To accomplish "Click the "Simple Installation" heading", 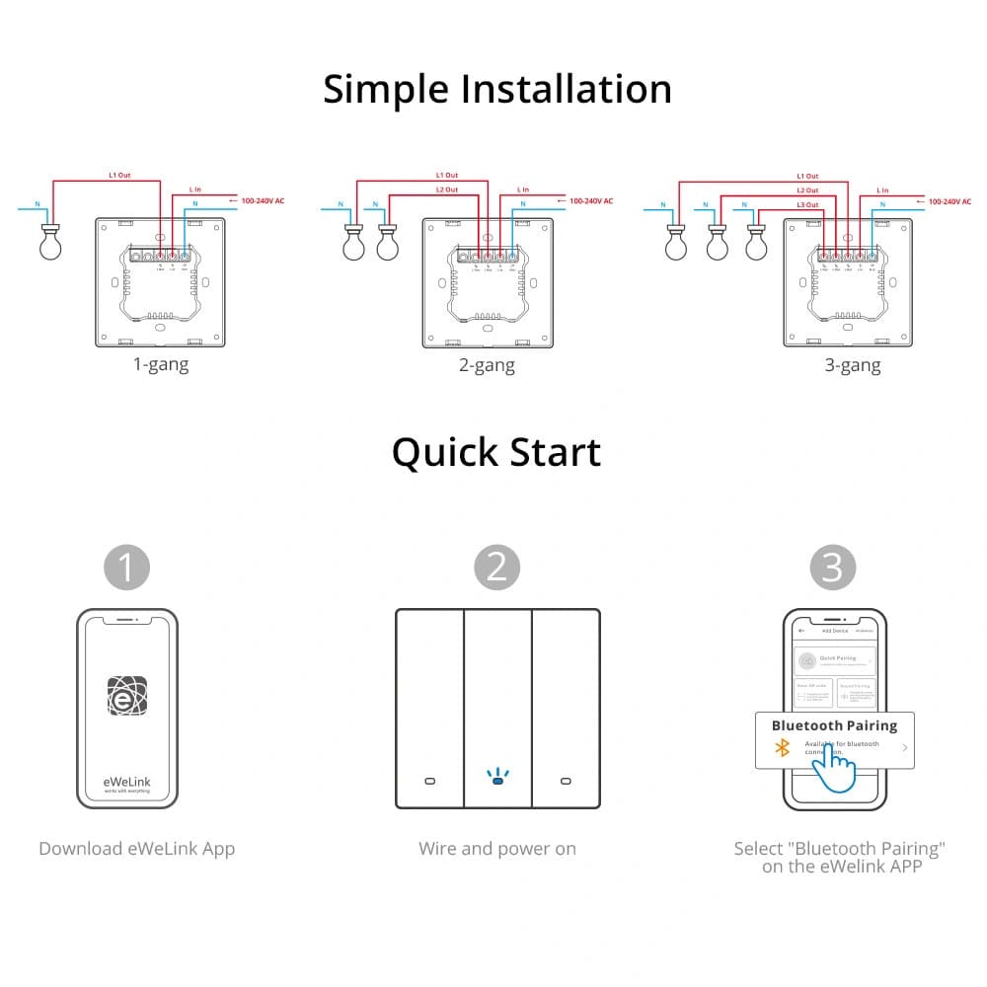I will coord(497,89).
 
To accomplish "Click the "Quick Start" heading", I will coord(496,452).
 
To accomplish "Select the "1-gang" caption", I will coord(161,364).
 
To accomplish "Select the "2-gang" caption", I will coord(487,365).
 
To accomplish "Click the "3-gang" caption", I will coord(853,365).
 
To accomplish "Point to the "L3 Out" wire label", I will coord(806,204).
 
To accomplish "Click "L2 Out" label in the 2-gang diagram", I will coord(446,190).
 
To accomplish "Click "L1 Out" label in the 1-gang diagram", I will coord(119,176).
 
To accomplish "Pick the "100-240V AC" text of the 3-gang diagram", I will coord(953,201).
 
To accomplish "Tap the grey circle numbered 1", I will coord(127,568).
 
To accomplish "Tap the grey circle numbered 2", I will coord(496,568).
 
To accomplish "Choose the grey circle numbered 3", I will coord(833,568).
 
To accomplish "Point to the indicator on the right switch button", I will coord(566,782).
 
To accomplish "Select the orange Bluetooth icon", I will coord(783,747).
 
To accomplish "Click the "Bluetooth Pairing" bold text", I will coord(834,725).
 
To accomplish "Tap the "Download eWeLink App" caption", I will coord(137,849).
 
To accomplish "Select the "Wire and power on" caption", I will coord(497,849).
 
